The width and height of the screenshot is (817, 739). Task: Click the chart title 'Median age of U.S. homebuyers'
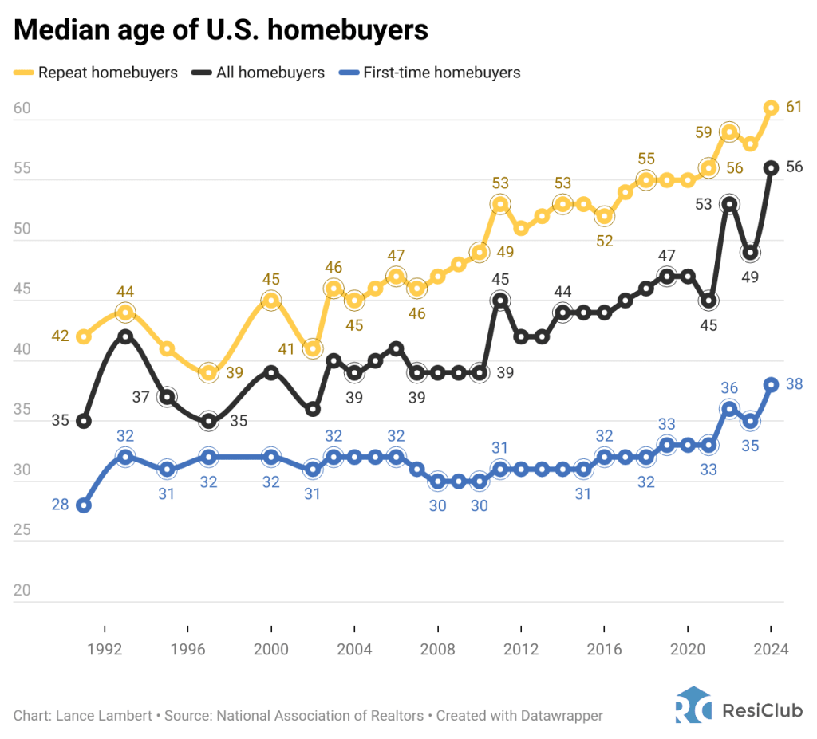[221, 29]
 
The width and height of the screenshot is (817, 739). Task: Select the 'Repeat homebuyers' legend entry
[96, 73]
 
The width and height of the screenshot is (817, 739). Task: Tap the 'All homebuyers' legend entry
[259, 73]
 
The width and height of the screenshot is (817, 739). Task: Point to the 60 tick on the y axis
[22, 108]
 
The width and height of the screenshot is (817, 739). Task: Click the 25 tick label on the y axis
[22, 530]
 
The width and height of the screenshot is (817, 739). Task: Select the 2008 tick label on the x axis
[437, 650]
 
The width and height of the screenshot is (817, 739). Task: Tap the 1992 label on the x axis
[105, 650]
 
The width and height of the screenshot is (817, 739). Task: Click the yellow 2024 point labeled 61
[771, 108]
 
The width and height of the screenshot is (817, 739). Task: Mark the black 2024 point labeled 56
[771, 167]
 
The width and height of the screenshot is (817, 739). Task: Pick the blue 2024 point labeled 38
[771, 384]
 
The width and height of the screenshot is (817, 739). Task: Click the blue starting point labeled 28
[84, 505]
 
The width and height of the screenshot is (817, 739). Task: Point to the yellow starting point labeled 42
[84, 336]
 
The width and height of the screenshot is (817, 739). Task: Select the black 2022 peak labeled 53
[728, 204]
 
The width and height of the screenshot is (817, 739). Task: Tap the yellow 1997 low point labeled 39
[208, 372]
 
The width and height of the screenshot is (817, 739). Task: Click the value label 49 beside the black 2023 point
[750, 277]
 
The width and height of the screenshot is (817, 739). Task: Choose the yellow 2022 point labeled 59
[728, 132]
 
